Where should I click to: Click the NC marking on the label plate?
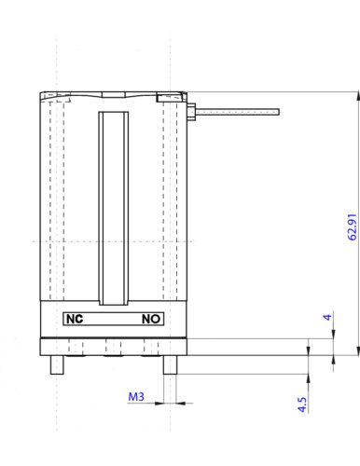[x=75, y=319]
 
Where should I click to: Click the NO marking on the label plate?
[x=151, y=319]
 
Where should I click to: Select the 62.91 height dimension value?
[x=352, y=226]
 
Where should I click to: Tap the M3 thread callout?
[x=136, y=396]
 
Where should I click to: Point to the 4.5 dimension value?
[x=302, y=404]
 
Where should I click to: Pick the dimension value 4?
[x=327, y=317]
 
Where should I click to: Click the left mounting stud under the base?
[x=57, y=364]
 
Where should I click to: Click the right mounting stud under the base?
[x=170, y=364]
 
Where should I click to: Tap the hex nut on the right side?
[x=191, y=112]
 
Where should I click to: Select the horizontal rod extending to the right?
[x=237, y=112]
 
